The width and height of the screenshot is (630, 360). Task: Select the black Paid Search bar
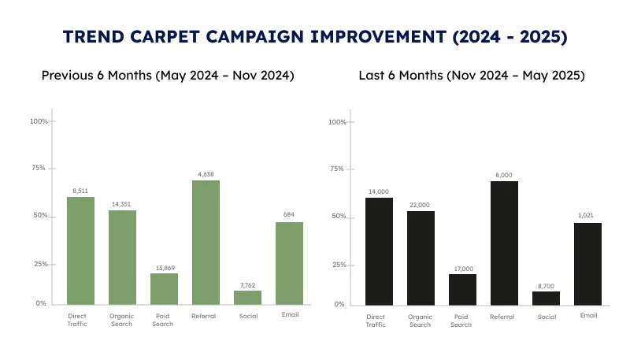coord(462,289)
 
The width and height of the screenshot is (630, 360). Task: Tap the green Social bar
coord(247,298)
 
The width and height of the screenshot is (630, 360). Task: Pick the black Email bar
coord(587,264)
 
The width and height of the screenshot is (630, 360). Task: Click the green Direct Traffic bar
coord(80,251)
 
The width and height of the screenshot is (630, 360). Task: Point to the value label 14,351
coord(122,204)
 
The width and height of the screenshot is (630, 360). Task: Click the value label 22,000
coord(421,205)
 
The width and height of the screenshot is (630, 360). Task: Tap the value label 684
coord(289,216)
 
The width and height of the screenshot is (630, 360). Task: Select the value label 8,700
coord(546,285)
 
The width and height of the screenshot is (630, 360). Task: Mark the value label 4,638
coord(206,174)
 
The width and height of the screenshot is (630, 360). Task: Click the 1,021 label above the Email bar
coord(587,217)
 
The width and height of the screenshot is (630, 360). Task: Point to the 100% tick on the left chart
coord(39,121)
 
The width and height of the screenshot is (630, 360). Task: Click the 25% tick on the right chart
coord(336,265)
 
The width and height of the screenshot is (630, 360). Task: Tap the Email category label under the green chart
coord(289,315)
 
